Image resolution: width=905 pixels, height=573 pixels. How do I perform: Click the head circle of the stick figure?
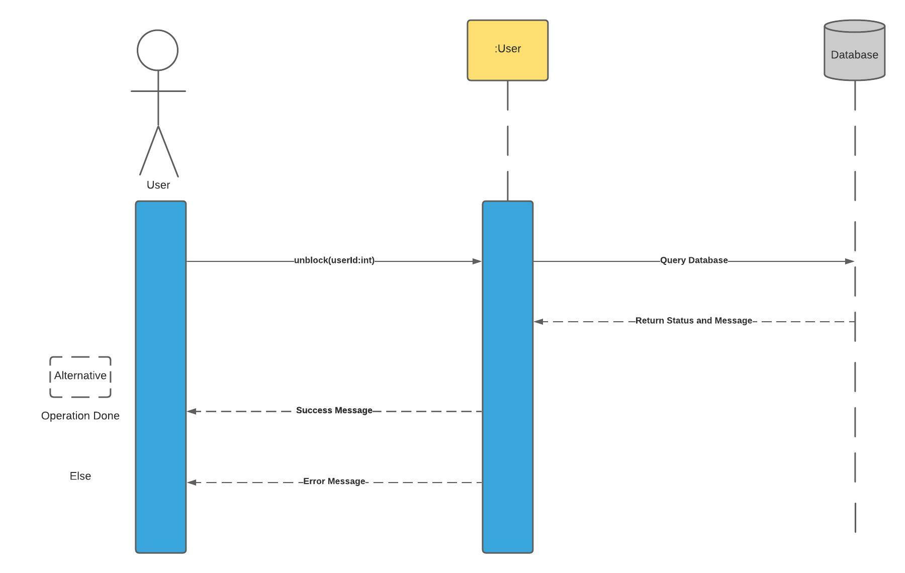pos(157,50)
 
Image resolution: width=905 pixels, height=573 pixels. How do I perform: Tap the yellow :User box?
pos(507,50)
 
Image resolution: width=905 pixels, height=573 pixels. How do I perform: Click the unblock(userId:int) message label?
pos(334,260)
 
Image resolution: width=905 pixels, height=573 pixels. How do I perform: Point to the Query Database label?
pos(694,260)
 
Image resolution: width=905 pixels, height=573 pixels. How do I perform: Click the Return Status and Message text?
pos(694,321)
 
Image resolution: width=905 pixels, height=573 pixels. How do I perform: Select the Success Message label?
pos(334,410)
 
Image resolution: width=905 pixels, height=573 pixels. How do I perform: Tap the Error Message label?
pos(334,482)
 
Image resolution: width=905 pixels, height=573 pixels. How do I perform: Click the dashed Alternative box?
pos(80,377)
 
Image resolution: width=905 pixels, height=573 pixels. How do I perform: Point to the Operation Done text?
pos(80,416)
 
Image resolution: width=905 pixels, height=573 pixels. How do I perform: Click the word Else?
pos(80,476)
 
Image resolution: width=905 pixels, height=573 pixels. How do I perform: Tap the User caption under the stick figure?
pos(158,185)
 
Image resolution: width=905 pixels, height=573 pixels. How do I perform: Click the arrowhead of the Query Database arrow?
pos(849,261)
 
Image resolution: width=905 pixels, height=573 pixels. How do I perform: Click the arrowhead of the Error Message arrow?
pos(192,483)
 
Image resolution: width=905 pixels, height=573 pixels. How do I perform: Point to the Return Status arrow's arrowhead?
pos(538,322)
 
